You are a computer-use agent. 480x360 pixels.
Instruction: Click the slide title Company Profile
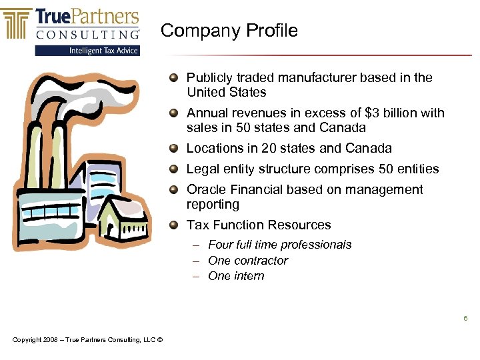[229, 31]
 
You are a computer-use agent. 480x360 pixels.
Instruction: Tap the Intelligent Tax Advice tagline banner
[87, 51]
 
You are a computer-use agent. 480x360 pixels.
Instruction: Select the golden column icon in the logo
[17, 23]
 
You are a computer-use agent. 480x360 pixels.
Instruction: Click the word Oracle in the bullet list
[205, 190]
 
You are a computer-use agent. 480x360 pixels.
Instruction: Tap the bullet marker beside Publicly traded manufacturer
[174, 78]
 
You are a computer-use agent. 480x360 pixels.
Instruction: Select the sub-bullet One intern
[236, 276]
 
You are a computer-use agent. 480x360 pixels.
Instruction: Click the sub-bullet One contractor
[248, 261]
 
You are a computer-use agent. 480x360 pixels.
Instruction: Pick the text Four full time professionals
[279, 245]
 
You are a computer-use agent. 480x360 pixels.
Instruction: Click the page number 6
[465, 319]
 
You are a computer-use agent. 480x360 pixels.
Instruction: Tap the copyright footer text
[87, 340]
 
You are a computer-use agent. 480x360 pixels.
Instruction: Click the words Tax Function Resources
[259, 225]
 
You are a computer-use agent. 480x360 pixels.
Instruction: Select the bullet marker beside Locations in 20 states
[174, 149]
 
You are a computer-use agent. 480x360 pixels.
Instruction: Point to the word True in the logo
[54, 17]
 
